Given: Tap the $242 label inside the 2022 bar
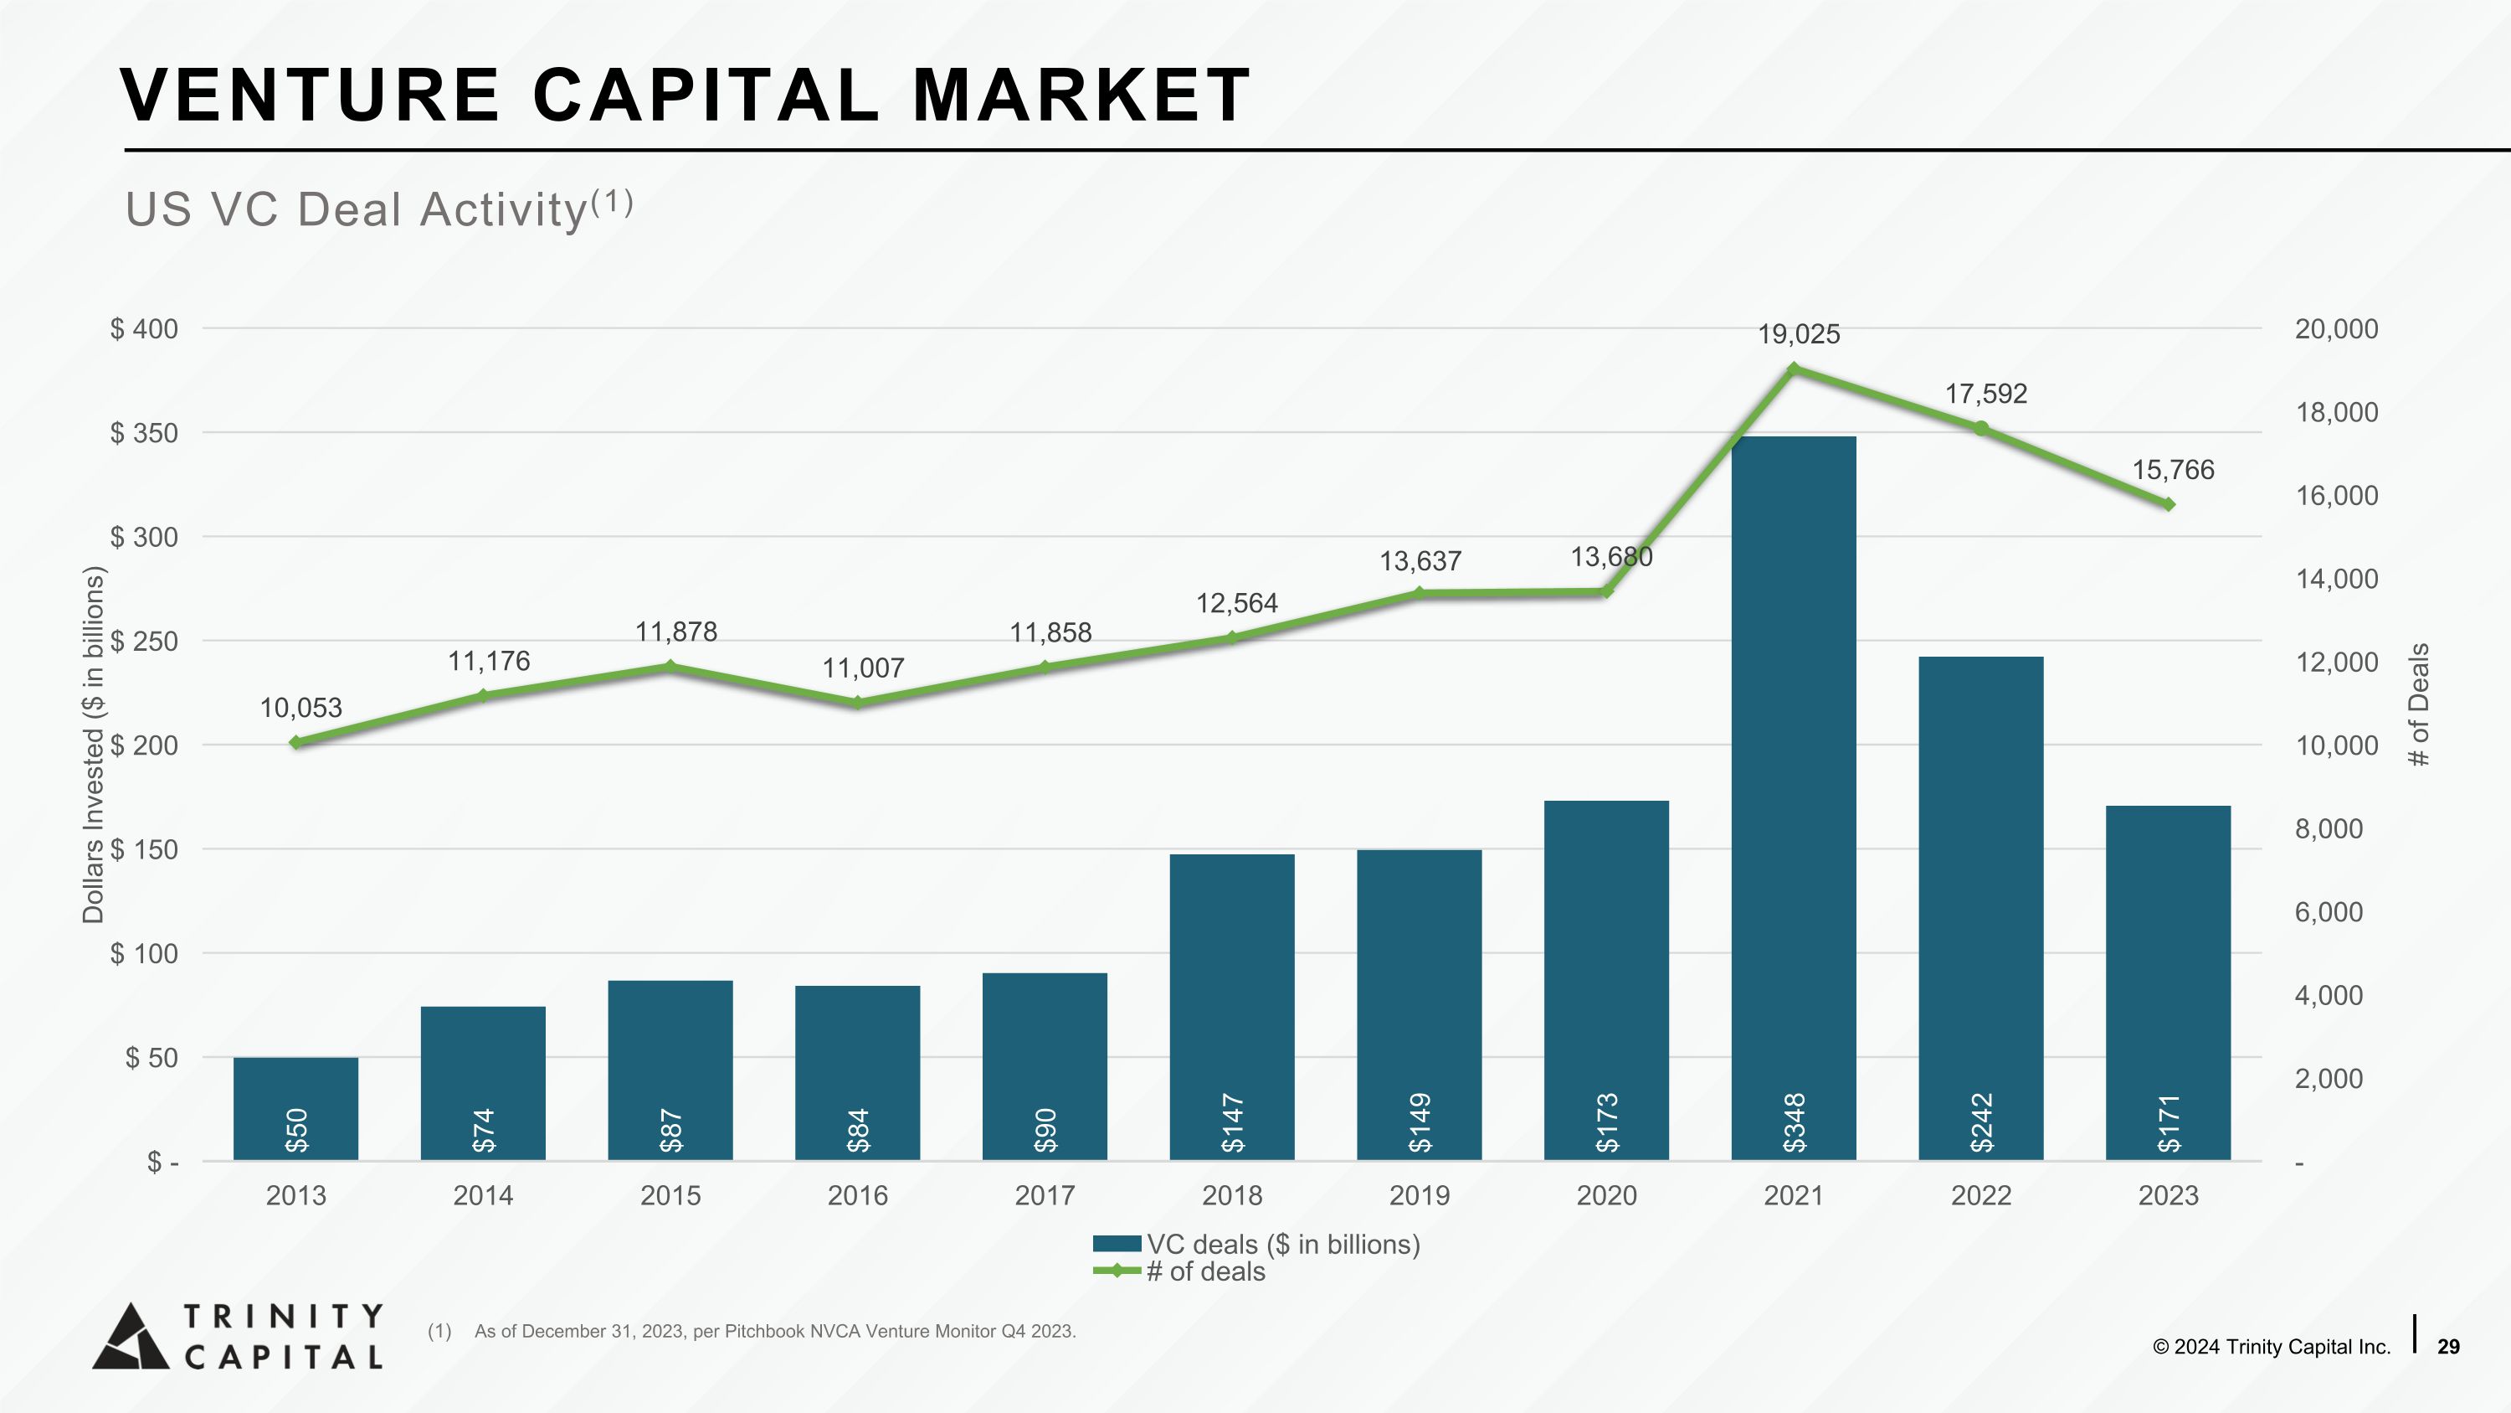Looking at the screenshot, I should [x=1980, y=1122].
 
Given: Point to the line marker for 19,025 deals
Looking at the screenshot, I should [x=1794, y=369].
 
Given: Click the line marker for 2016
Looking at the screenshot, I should [x=857, y=702].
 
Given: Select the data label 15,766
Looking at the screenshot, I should [x=2173, y=470].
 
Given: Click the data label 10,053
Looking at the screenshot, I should [x=300, y=708].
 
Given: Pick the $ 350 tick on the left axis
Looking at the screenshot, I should [x=144, y=433].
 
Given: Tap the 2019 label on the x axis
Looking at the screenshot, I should [x=1420, y=1195].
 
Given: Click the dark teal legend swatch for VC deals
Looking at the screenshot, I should [x=1116, y=1243].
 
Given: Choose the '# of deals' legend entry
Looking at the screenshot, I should [x=1204, y=1271].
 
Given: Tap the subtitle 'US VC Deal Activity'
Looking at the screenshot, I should [x=356, y=209].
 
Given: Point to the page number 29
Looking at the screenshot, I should [x=2447, y=1347].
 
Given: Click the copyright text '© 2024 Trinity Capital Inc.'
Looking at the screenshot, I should [x=2272, y=1347].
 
